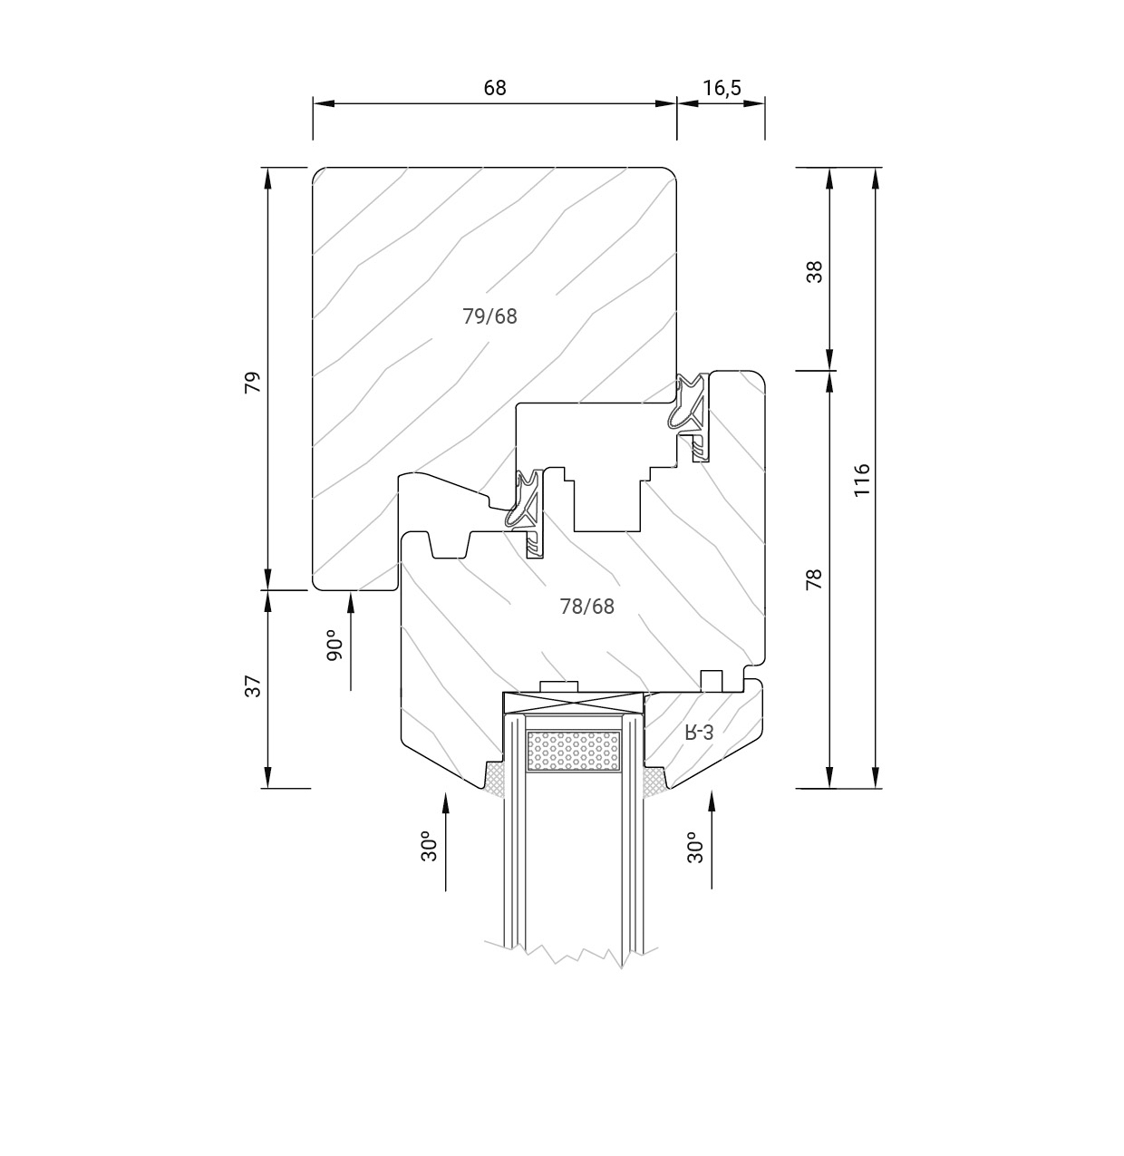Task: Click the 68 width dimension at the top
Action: tap(495, 88)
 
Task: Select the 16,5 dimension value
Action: tap(722, 88)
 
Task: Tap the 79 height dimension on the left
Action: tap(253, 382)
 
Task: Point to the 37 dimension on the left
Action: tap(253, 686)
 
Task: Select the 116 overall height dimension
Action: tap(861, 480)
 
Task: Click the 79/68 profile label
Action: tap(489, 316)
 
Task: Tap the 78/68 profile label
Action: tap(586, 607)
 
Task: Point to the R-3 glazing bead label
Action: tap(699, 733)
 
